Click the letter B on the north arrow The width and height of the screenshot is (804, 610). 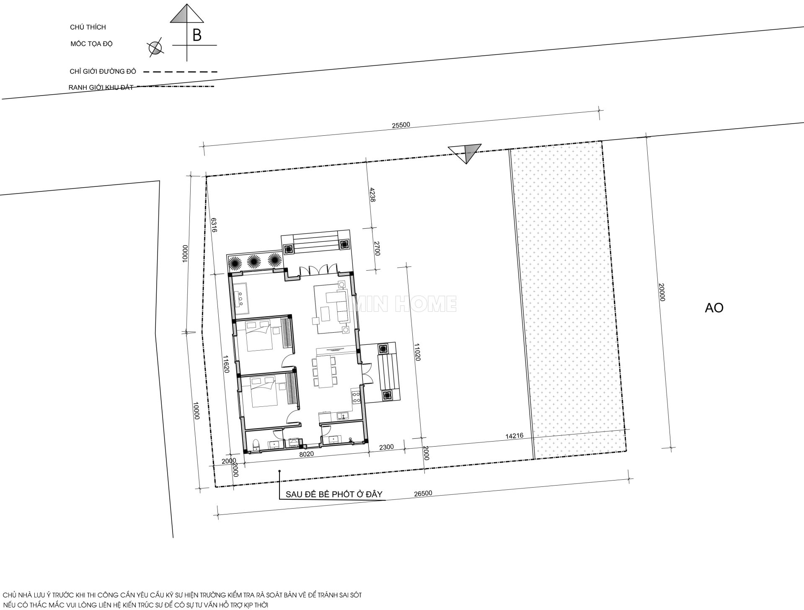pyautogui.click(x=197, y=36)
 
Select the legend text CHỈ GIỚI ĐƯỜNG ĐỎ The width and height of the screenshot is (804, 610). pyautogui.click(x=103, y=72)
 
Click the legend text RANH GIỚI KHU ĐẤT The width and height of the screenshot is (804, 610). pyautogui.click(x=101, y=88)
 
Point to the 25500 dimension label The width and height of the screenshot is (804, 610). pyautogui.click(x=401, y=125)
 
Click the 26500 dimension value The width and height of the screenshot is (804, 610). pyautogui.click(x=423, y=494)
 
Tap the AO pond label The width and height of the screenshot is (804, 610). pyautogui.click(x=714, y=308)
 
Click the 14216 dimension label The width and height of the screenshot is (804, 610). pyautogui.click(x=514, y=436)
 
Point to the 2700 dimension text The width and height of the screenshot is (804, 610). pyautogui.click(x=377, y=248)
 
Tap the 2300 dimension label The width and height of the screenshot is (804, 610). pyautogui.click(x=386, y=447)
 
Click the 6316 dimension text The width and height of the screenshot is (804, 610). pyautogui.click(x=214, y=225)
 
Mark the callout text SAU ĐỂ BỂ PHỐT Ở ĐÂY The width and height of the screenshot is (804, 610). pyautogui.click(x=334, y=494)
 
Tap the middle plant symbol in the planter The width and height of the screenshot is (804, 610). pyautogui.click(x=253, y=262)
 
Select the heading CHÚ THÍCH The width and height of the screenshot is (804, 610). pyautogui.click(x=88, y=27)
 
